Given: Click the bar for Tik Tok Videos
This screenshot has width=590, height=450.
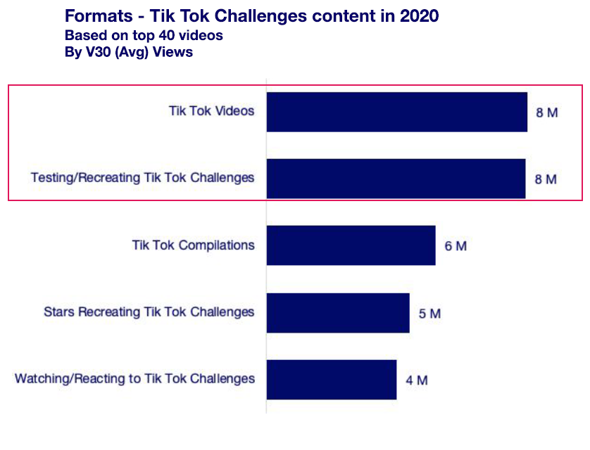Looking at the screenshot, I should [396, 112].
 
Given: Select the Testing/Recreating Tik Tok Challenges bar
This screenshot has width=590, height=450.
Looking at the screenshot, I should [396, 179].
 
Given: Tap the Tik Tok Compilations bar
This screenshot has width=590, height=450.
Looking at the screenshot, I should [351, 245].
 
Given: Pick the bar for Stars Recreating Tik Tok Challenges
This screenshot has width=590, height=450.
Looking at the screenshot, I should [338, 313].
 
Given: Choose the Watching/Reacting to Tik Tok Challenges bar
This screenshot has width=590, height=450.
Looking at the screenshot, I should [331, 380].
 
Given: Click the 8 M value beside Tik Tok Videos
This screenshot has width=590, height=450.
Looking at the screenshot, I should [547, 112].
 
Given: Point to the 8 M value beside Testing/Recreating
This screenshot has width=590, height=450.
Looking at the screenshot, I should [546, 179].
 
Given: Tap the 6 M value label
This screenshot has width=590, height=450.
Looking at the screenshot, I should [456, 246].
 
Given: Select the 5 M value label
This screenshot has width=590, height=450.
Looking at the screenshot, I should [429, 314].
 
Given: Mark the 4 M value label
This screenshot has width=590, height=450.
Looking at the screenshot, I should [417, 380].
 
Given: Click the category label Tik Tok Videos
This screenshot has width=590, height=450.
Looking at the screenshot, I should [211, 111].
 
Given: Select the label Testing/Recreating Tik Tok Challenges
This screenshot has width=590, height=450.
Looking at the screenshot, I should [142, 178].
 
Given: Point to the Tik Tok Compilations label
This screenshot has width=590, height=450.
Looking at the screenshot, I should [193, 245].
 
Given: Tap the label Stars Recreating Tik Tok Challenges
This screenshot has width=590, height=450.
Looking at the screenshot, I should [149, 312].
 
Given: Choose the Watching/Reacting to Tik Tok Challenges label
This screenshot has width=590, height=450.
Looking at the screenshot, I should [134, 379].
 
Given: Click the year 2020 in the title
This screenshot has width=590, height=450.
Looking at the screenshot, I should [420, 16].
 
